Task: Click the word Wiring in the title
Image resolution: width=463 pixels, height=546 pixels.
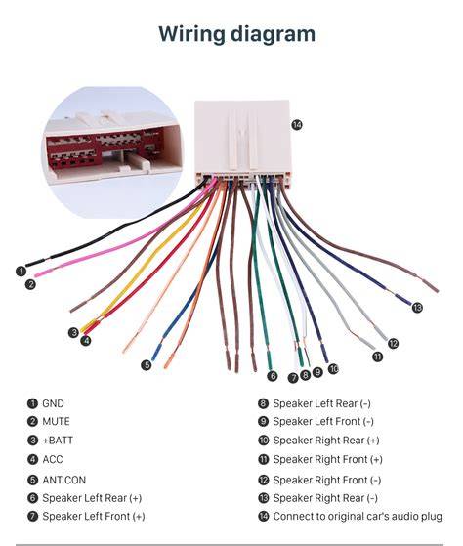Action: click(191, 34)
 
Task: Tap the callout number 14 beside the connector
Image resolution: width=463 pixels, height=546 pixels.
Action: click(297, 124)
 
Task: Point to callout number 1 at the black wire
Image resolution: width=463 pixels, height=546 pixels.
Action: click(21, 272)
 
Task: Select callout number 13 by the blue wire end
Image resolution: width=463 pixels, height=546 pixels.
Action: click(417, 307)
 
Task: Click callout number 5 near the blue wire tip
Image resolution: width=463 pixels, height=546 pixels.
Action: click(147, 365)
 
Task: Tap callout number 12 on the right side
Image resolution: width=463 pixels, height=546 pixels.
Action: click(393, 344)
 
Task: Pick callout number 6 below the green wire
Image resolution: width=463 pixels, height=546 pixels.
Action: click(273, 376)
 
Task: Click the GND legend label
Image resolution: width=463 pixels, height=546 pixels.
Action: click(53, 403)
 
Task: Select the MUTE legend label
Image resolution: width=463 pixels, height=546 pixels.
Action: click(56, 421)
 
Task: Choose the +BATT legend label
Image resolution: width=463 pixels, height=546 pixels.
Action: click(58, 441)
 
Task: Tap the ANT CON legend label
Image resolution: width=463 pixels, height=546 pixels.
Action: click(64, 480)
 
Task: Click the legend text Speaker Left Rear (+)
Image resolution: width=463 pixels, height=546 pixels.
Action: click(92, 498)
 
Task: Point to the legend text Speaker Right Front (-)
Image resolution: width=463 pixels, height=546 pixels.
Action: click(327, 480)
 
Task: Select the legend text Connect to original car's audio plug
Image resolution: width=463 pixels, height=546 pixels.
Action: click(358, 516)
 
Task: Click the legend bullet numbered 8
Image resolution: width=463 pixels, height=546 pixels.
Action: click(263, 403)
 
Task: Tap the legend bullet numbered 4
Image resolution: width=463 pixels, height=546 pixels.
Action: click(32, 459)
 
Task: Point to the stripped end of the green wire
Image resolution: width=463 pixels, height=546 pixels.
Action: click(270, 361)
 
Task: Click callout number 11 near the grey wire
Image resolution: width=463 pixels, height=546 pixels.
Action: click(377, 357)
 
